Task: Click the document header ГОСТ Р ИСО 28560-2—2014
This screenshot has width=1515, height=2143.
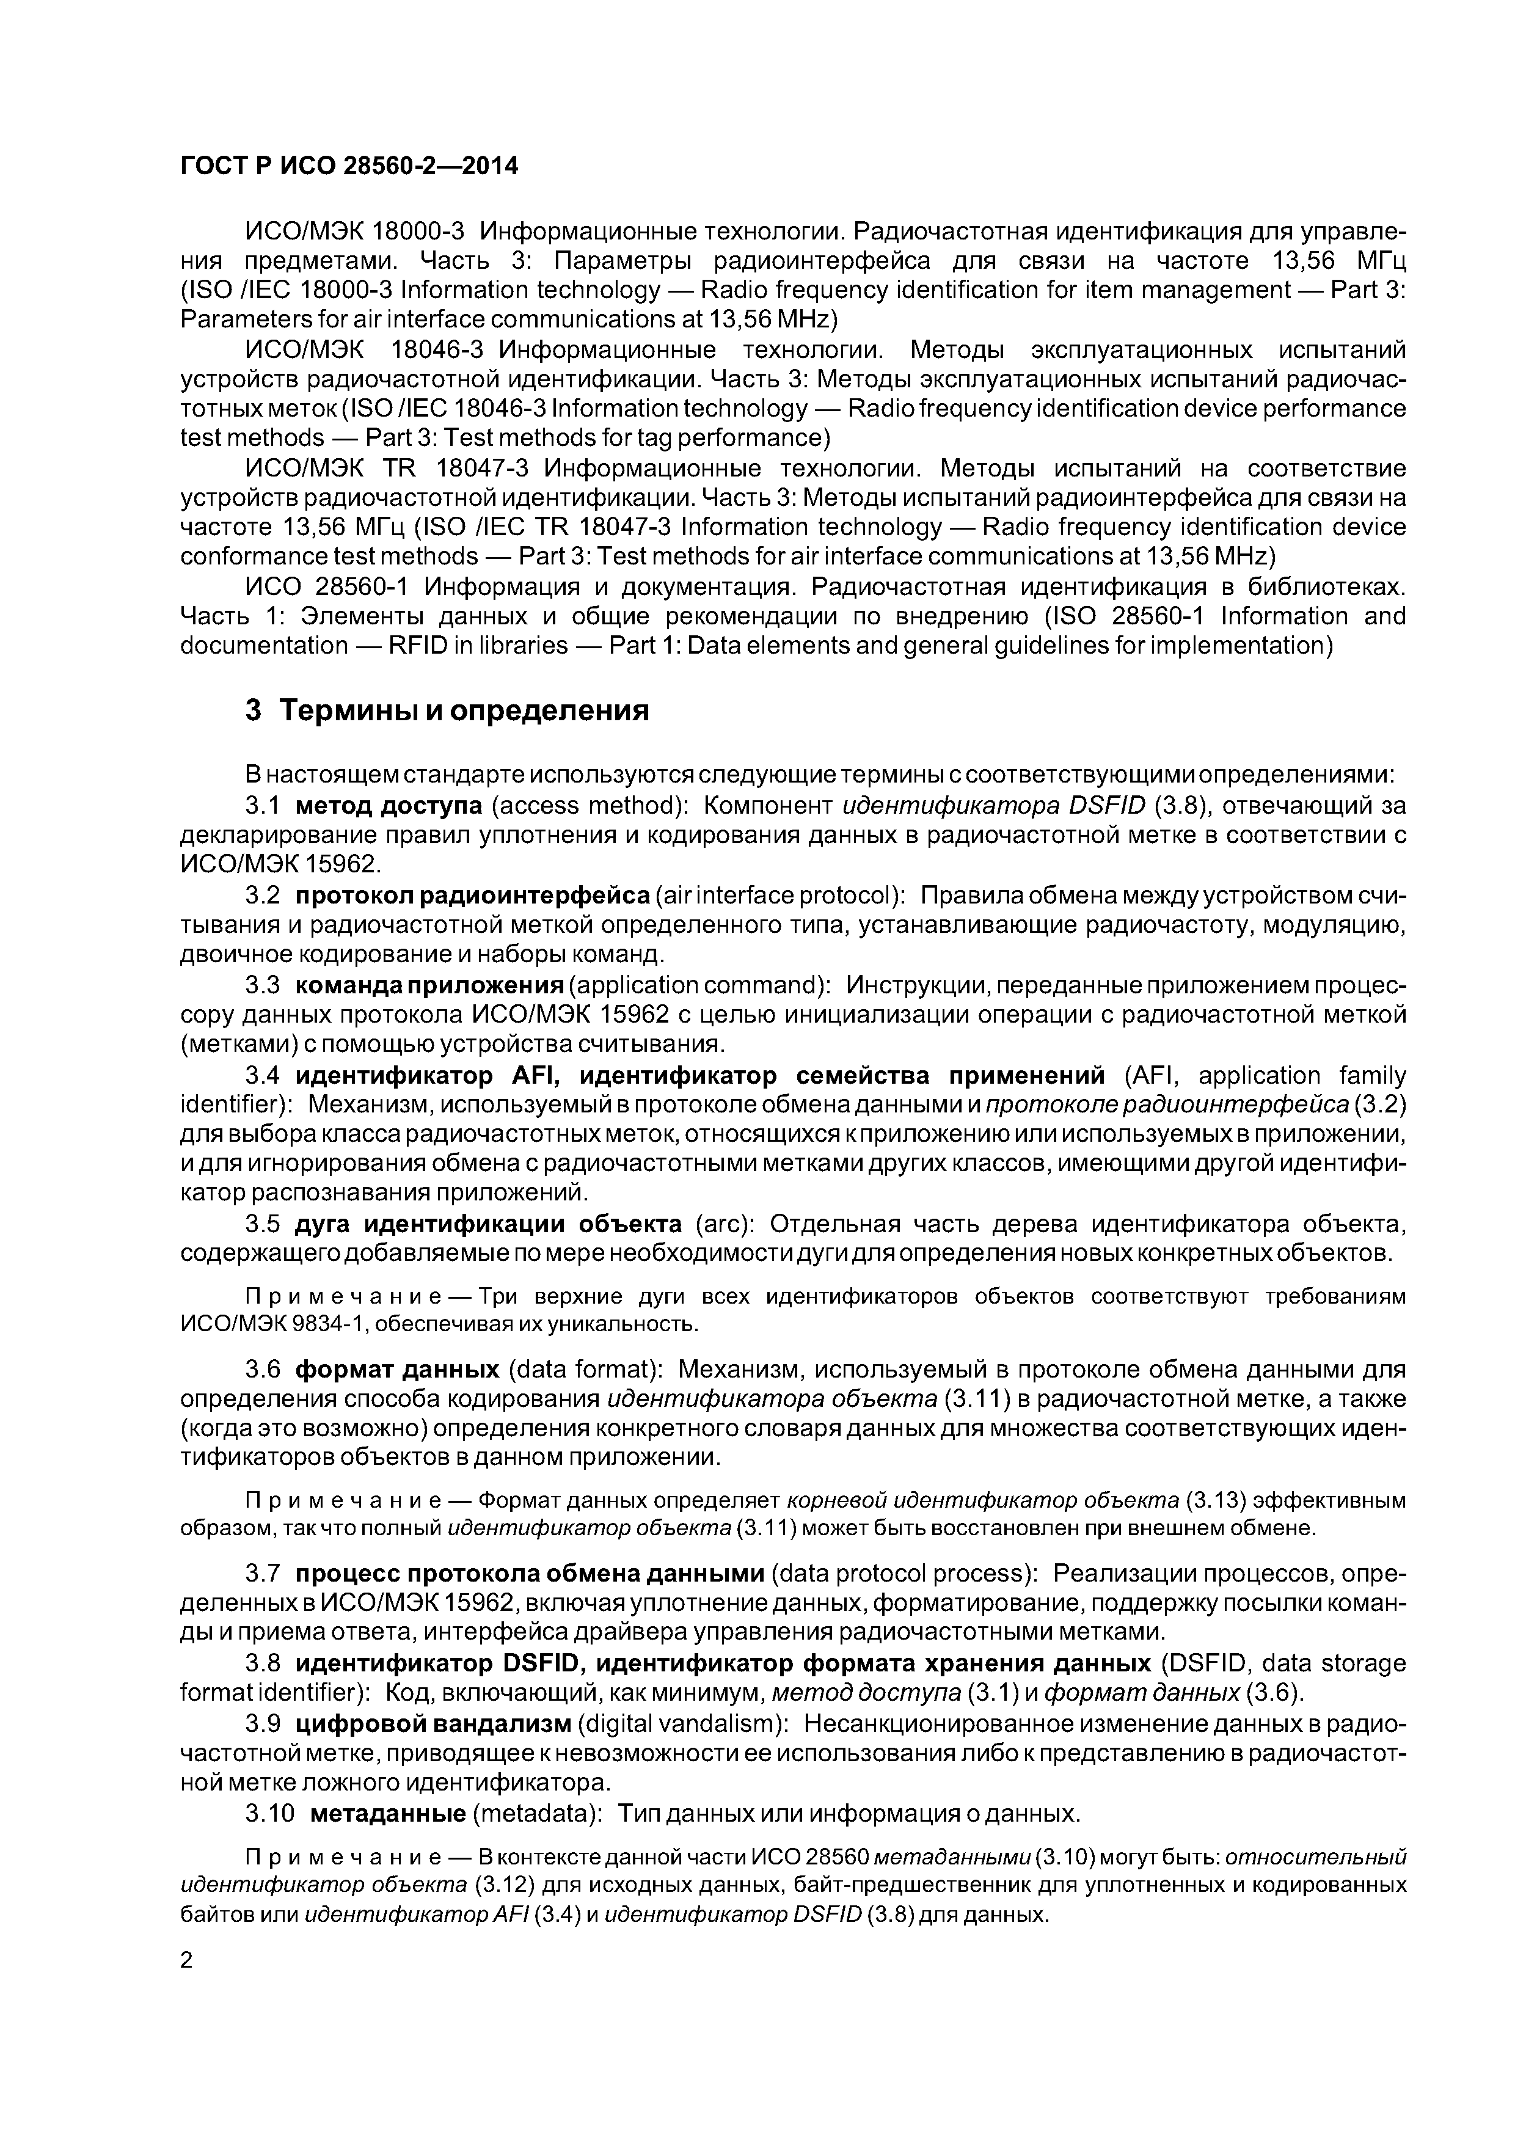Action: point(348,166)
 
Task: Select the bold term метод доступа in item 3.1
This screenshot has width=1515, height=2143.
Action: point(389,806)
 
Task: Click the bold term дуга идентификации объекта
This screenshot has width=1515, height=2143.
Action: point(488,1224)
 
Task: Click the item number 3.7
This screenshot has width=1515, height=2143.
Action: point(262,1574)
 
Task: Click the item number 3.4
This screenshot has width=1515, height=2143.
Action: point(262,1076)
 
